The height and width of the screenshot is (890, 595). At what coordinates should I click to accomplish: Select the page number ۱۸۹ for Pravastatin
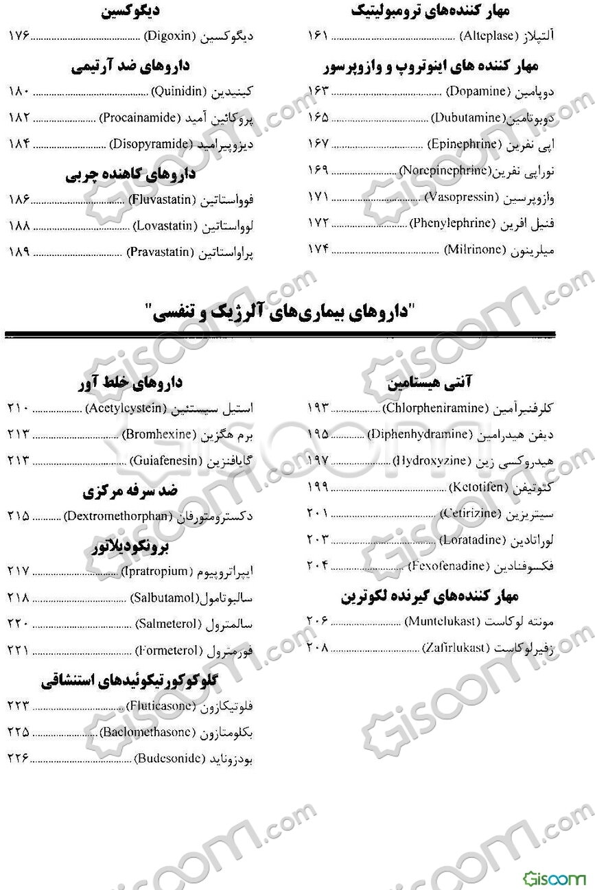click(x=19, y=252)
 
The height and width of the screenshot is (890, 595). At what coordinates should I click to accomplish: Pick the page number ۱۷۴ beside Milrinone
click(x=318, y=250)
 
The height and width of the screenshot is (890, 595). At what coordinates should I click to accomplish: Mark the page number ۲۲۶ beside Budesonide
click(x=19, y=758)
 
